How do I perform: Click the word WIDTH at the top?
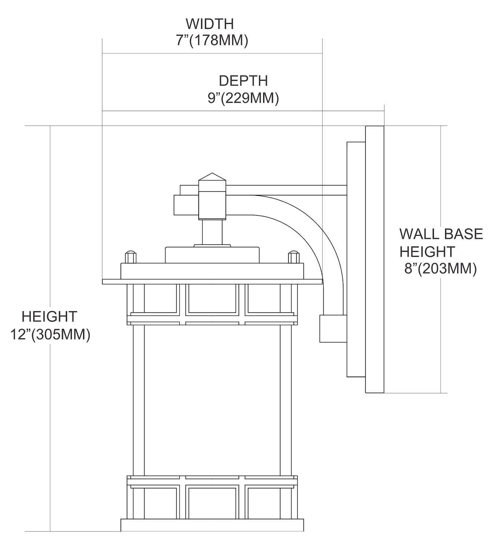point(210,24)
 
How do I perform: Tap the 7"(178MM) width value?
point(212,40)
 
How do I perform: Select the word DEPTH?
point(243,81)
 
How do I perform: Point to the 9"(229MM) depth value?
point(243,98)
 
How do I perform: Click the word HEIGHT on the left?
point(49,316)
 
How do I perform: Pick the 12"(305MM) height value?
point(50,335)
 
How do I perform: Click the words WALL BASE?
point(441,234)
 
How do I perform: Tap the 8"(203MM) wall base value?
point(440,269)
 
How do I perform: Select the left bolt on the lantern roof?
point(131,257)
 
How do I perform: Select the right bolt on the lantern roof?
point(294,257)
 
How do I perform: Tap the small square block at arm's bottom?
point(333,329)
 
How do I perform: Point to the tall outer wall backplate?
point(375,259)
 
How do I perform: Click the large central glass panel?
point(212,400)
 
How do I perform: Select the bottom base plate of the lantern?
point(212,525)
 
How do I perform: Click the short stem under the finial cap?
point(212,232)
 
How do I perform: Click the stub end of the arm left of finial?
point(185,205)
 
